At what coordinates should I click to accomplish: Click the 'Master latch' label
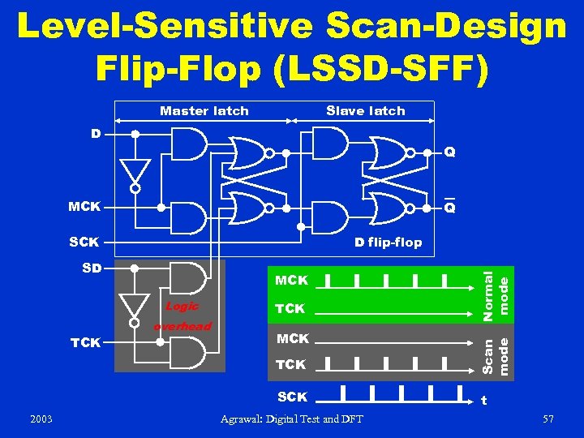pyautogui.click(x=204, y=111)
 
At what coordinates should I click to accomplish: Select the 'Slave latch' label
pyautogui.click(x=365, y=111)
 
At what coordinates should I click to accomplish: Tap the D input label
pyautogui.click(x=96, y=132)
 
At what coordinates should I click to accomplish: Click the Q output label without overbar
pyautogui.click(x=449, y=152)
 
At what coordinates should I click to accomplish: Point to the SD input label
pyautogui.click(x=91, y=267)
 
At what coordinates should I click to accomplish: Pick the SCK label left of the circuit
pyautogui.click(x=84, y=242)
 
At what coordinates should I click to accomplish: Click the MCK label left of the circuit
pyautogui.click(x=84, y=207)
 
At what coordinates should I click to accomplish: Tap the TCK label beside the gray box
pyautogui.click(x=86, y=342)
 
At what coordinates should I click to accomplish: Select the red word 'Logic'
pyautogui.click(x=182, y=306)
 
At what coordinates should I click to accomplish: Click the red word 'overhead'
pyautogui.click(x=182, y=326)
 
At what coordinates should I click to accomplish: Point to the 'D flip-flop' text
pyautogui.click(x=388, y=242)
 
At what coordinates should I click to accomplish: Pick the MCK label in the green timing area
pyautogui.click(x=292, y=281)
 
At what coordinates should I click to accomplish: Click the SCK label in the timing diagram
pyautogui.click(x=292, y=397)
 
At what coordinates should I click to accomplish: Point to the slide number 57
pyautogui.click(x=548, y=419)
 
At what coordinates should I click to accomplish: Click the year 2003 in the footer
pyautogui.click(x=41, y=419)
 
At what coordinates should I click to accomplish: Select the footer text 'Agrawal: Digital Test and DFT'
pyautogui.click(x=292, y=419)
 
